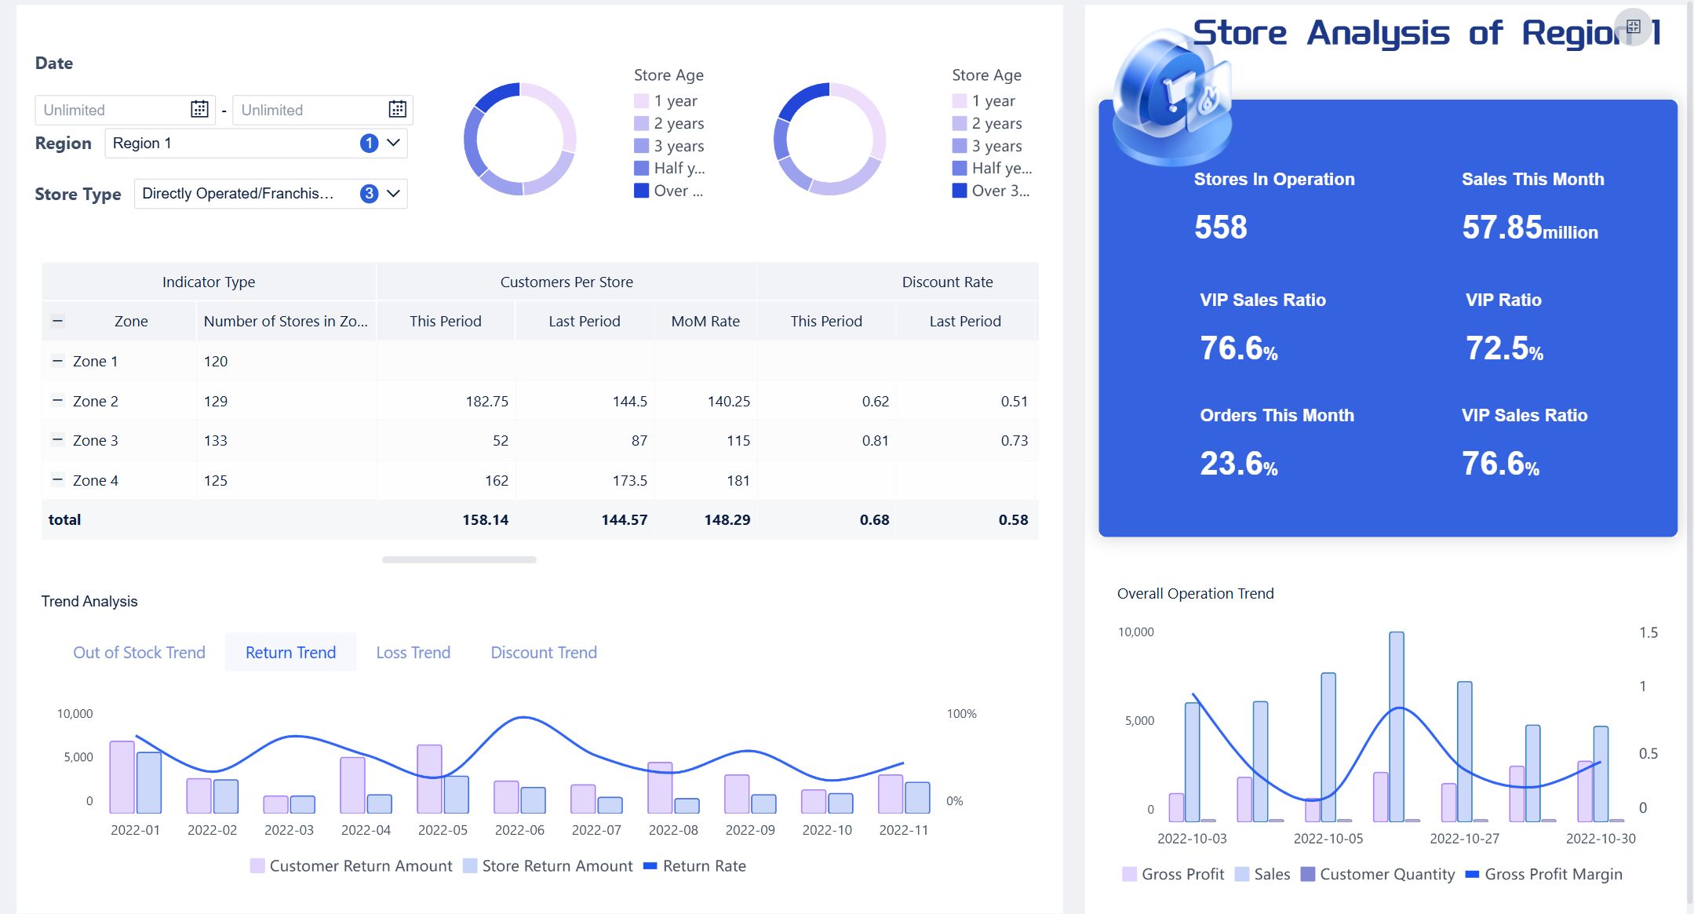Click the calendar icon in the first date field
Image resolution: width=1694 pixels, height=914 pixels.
tap(199, 109)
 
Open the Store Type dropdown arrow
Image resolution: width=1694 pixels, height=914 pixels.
tap(393, 193)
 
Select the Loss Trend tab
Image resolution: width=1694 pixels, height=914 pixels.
tap(413, 652)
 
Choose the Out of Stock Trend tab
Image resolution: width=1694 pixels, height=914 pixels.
tap(139, 652)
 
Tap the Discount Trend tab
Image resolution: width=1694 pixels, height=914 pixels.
tap(543, 652)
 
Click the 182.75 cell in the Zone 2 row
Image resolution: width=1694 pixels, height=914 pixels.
tap(486, 401)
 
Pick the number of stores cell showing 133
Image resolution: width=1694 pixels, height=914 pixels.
tap(216, 440)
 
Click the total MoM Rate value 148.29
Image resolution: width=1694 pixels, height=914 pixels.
tap(727, 519)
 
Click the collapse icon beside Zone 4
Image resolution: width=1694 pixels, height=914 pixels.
tap(57, 479)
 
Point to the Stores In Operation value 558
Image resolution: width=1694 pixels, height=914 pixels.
tap(1220, 228)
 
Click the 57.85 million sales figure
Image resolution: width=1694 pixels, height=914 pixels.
tap(1528, 228)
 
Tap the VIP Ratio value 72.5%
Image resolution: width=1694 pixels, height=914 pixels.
tap(1503, 348)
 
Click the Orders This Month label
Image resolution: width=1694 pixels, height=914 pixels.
tap(1277, 415)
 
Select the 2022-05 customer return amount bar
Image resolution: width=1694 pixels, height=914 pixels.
tap(429, 778)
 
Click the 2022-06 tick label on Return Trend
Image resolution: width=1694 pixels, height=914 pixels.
tap(519, 830)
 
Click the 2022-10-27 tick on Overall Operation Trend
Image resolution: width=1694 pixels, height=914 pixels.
tap(1464, 838)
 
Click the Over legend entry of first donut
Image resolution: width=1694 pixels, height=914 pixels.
tap(669, 191)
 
